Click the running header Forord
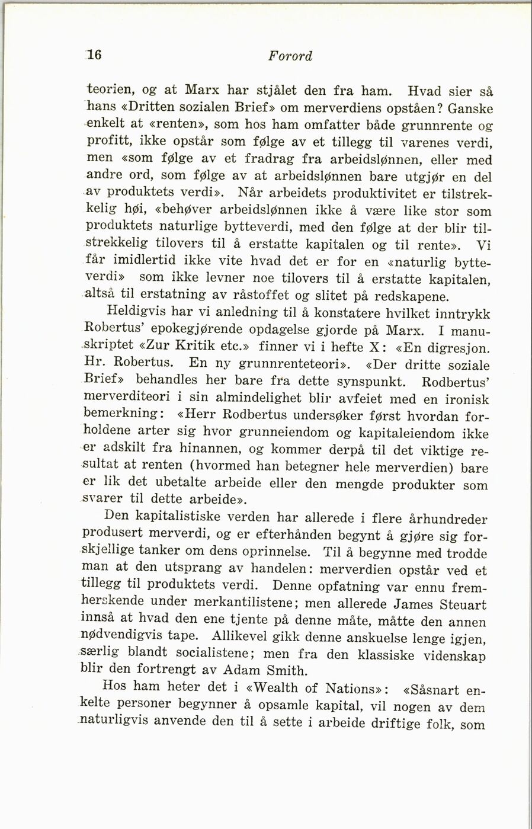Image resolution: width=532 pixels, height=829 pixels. coord(290,56)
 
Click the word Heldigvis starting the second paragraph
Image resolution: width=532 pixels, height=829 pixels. coord(136,311)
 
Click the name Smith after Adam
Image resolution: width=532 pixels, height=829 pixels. coord(286,671)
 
